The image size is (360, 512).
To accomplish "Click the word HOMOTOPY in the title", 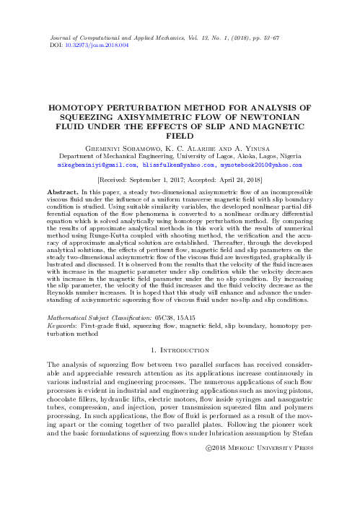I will pos(78,105).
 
